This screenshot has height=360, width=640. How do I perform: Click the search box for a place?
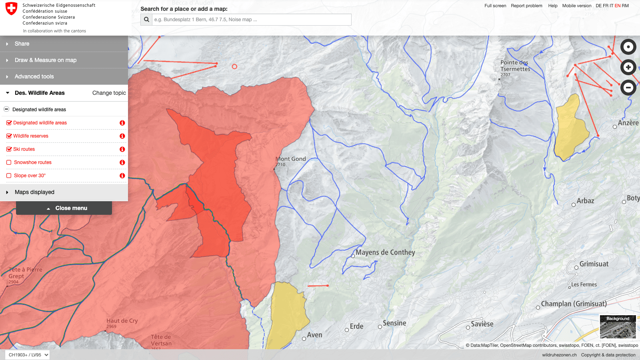(251, 20)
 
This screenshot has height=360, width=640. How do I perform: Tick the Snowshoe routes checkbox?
(9, 162)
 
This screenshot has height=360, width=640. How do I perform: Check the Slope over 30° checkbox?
(9, 176)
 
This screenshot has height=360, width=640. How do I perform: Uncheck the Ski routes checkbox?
(9, 149)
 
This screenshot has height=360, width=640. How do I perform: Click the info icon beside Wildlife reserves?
(122, 136)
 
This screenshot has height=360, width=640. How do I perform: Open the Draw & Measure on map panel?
(45, 60)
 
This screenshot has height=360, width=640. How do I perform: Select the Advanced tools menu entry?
(34, 76)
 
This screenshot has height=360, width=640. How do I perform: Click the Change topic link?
(109, 93)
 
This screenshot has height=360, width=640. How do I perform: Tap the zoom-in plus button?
(628, 67)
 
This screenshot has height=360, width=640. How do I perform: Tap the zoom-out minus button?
(628, 88)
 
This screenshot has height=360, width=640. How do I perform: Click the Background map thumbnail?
(618, 327)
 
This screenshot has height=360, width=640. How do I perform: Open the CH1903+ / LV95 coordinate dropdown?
(28, 355)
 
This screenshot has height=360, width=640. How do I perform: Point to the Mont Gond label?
(290, 159)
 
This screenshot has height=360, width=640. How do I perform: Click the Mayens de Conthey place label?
(385, 252)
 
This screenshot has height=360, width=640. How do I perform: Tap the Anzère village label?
(628, 123)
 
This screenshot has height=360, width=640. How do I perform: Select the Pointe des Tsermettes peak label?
(515, 66)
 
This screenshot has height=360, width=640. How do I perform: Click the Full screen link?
(495, 6)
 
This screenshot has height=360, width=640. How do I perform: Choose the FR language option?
(606, 6)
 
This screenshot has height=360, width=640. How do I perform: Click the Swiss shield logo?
(11, 9)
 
